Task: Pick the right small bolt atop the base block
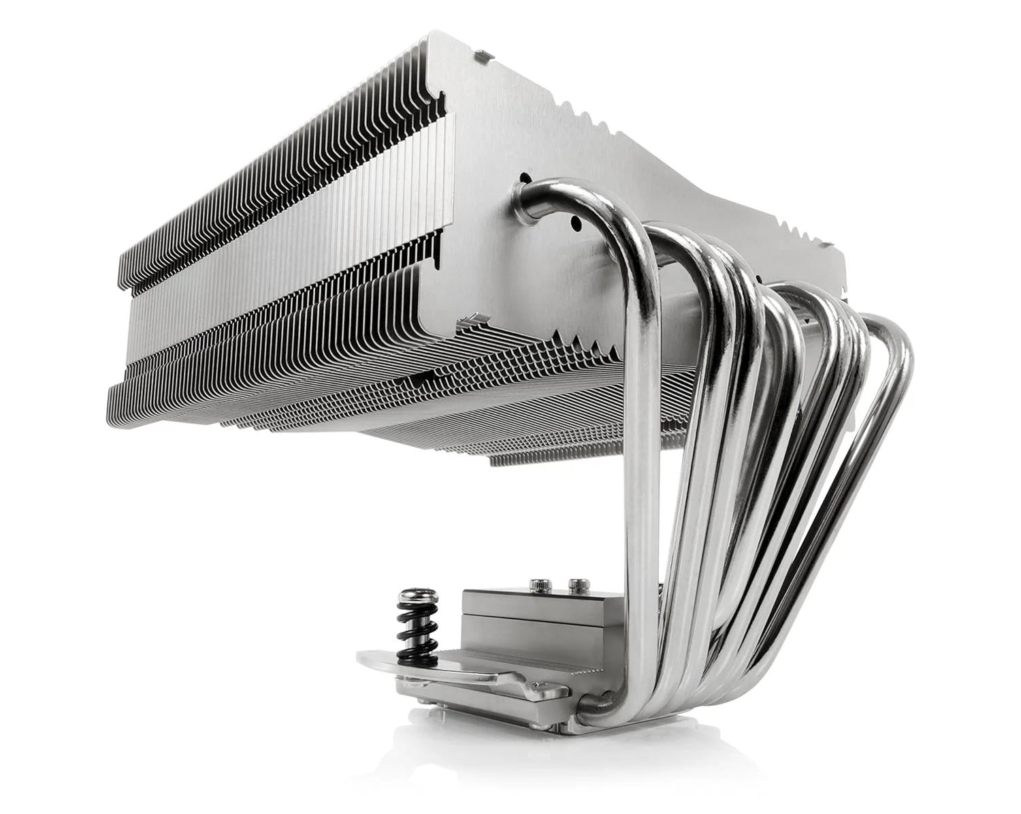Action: [579, 584]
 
